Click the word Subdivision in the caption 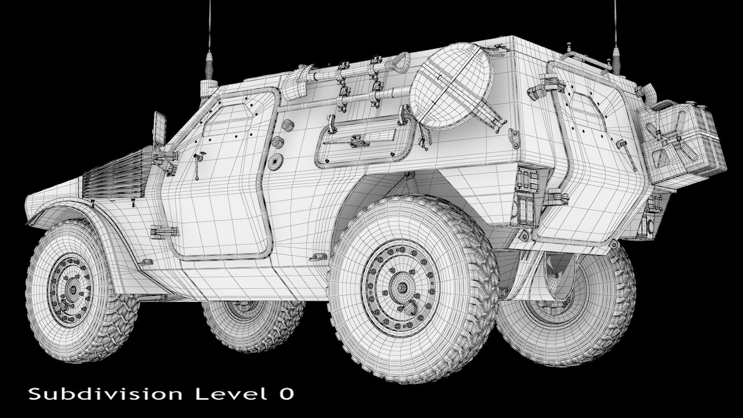coord(105,394)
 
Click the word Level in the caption coord(229,394)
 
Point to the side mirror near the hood coord(159,128)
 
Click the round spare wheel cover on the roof coord(451,86)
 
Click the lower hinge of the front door coord(164,231)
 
